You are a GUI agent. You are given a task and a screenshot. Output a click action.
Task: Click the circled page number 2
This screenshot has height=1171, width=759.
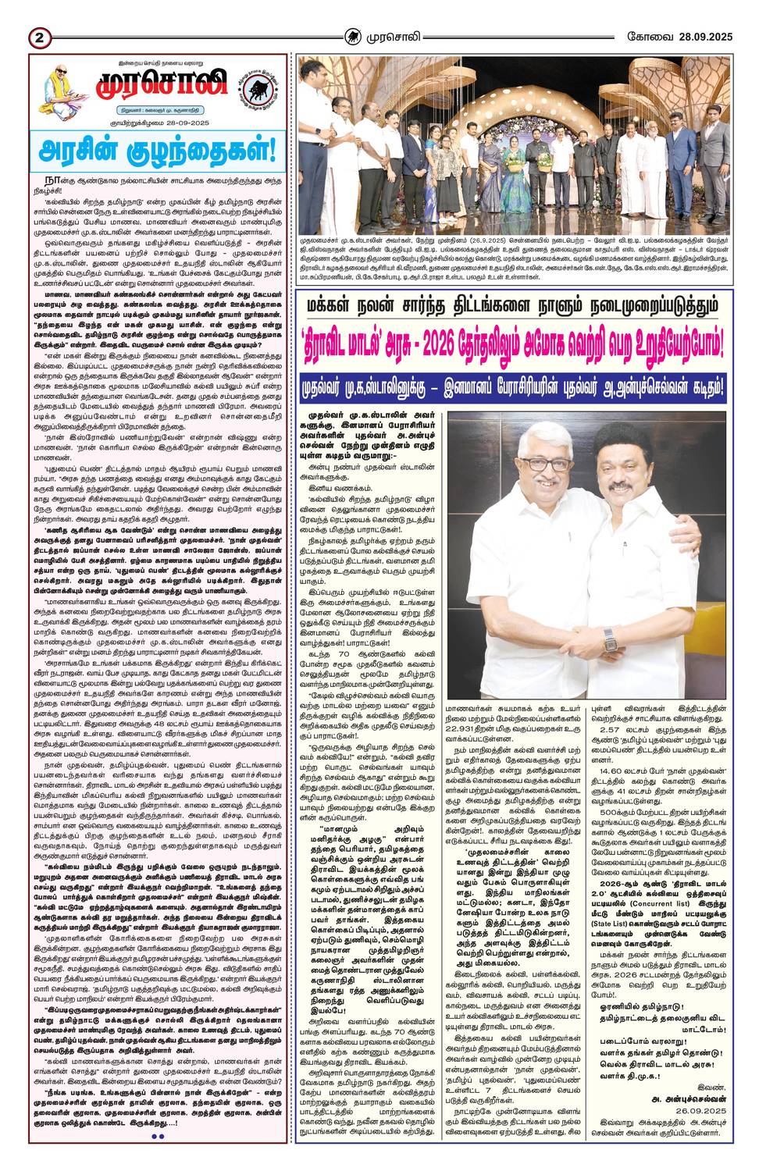click(38, 37)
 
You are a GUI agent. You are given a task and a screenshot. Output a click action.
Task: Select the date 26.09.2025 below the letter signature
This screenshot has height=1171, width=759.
click(699, 1112)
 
